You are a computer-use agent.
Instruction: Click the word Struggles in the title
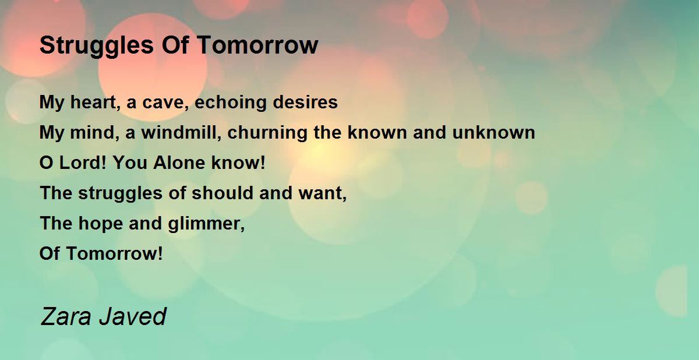97,46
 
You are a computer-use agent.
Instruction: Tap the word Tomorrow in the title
257,45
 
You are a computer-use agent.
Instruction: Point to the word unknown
494,132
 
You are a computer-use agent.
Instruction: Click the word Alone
179,163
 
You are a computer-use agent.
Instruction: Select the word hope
100,224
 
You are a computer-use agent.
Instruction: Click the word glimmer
206,224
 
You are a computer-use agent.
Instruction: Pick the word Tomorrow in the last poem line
115,253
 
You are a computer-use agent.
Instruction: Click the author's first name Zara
65,316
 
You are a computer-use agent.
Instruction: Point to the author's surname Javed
133,316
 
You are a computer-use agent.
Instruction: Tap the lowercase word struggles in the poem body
120,193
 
